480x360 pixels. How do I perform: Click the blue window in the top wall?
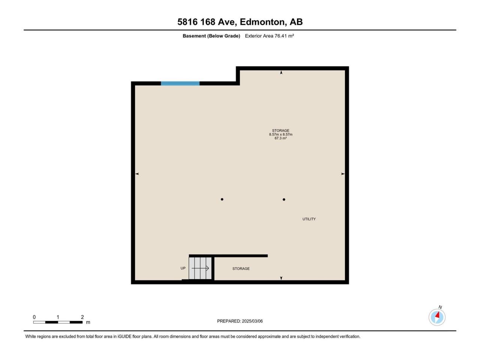click(x=180, y=83)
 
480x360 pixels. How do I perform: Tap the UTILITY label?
click(x=309, y=219)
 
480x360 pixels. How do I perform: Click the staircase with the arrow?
click(x=200, y=268)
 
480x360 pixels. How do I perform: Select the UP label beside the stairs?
click(x=183, y=268)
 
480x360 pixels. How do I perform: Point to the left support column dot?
click(x=222, y=199)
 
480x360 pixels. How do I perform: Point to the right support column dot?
click(x=284, y=199)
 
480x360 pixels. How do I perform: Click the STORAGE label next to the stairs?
click(x=241, y=268)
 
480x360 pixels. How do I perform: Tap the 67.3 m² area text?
click(x=280, y=138)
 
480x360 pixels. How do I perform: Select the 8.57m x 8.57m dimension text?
click(x=280, y=134)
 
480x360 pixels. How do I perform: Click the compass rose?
click(x=437, y=317)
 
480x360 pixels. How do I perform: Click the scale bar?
click(x=58, y=322)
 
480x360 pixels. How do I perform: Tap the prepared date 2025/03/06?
click(x=252, y=321)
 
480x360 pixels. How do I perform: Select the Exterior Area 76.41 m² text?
click(x=269, y=36)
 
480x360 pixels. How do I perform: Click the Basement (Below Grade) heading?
click(x=211, y=36)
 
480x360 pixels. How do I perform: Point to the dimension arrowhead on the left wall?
click(x=137, y=174)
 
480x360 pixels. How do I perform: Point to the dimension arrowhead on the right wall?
click(x=343, y=174)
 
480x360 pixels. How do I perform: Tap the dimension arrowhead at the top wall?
click(x=281, y=72)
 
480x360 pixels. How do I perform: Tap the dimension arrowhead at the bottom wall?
click(x=281, y=278)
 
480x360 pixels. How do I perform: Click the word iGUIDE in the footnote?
click(x=124, y=336)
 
